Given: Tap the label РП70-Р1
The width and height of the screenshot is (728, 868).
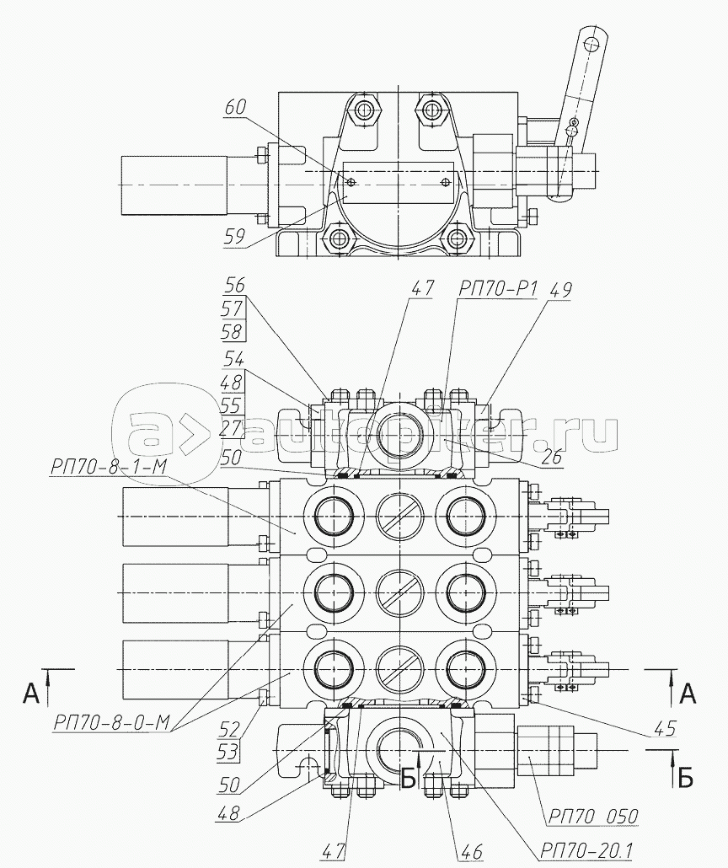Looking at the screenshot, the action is point(497,289).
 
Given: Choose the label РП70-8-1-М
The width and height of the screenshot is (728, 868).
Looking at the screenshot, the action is point(108,467).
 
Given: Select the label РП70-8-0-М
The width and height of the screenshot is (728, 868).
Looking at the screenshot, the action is point(112,722).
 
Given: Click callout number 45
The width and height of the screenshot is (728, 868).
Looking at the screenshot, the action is point(664,728).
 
